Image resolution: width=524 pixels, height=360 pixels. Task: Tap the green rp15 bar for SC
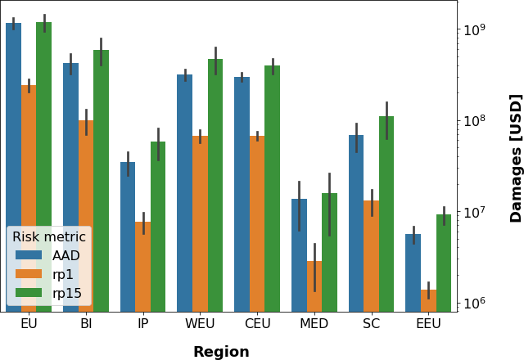point(386,213)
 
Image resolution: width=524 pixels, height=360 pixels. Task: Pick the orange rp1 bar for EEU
point(428,300)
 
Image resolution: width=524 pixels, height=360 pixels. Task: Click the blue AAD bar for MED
point(299,254)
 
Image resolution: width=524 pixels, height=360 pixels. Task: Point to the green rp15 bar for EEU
point(444,263)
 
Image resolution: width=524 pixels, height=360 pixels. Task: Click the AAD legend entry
point(65,255)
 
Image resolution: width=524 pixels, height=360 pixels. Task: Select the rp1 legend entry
point(63,274)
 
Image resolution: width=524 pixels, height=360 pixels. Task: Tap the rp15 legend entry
point(67,293)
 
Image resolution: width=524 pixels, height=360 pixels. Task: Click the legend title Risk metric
point(49,236)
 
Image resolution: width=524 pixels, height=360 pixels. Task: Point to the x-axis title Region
point(221,352)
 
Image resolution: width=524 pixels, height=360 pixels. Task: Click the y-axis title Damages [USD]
point(516,157)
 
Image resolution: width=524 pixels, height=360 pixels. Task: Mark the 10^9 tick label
point(475,30)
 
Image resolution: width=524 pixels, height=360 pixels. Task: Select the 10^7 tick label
point(475,213)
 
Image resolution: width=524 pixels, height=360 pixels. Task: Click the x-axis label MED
point(314,324)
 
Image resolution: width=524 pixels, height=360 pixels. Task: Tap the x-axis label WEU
point(200,324)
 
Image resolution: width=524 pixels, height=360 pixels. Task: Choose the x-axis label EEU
point(428,324)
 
